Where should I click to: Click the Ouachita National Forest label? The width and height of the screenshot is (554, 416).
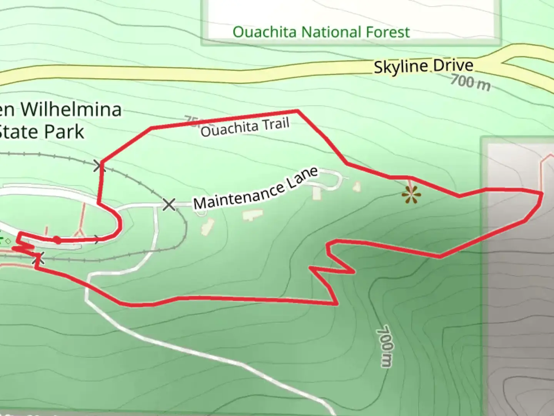(321, 32)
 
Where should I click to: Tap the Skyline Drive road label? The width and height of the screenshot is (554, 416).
(423, 66)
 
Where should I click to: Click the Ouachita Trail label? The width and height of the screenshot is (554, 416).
(245, 127)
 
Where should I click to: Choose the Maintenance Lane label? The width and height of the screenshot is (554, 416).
(256, 188)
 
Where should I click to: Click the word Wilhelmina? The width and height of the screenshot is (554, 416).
(71, 109)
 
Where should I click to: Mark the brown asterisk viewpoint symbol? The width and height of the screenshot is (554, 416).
(411, 196)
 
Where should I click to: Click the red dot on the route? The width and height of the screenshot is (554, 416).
(57, 240)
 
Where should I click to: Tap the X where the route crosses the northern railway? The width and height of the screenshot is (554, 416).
(99, 166)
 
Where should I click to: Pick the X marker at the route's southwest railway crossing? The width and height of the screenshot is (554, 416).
(38, 259)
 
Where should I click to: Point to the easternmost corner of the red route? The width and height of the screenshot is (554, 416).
(542, 193)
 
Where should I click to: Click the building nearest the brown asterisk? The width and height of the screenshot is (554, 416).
(357, 187)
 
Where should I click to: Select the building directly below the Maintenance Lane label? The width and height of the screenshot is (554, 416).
(252, 215)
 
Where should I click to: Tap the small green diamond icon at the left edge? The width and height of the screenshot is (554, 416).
(8, 242)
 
